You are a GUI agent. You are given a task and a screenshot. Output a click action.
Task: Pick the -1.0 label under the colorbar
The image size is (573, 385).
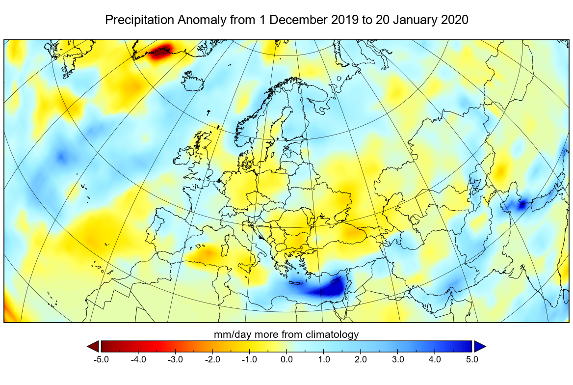[x=249, y=359]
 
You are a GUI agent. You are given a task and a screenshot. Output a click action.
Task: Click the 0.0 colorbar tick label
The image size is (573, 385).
[x=286, y=359]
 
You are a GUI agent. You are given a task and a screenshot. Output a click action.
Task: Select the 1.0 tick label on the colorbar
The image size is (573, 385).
[x=324, y=359]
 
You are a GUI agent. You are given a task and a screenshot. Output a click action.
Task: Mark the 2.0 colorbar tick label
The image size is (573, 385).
[x=361, y=359]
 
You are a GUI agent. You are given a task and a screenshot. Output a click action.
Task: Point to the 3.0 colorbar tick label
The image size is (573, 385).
[x=398, y=359]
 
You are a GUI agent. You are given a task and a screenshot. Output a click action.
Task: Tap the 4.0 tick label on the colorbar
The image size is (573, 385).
[x=435, y=359]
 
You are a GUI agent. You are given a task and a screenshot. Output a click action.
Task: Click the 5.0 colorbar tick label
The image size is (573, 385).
[x=472, y=359]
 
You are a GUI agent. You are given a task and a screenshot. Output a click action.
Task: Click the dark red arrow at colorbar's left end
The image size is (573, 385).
[x=93, y=346]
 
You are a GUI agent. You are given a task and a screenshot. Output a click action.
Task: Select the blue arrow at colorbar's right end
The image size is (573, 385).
[x=480, y=346]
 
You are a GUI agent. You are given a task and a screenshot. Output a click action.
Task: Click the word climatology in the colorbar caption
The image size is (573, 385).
[x=333, y=334]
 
